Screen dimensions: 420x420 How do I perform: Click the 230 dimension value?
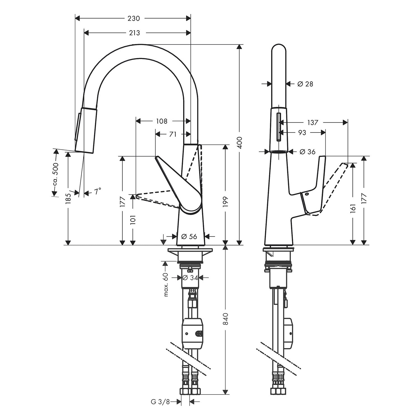pyautogui.click(x=134, y=18)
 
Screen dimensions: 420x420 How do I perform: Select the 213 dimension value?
pyautogui.click(x=134, y=33)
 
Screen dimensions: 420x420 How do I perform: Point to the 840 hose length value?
pyautogui.click(x=226, y=319)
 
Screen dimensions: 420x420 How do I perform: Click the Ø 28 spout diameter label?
pyautogui.click(x=305, y=84)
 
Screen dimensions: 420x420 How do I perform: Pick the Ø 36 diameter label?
pyautogui.click(x=307, y=152)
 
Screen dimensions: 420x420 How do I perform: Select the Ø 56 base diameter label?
pyautogui.click(x=189, y=237)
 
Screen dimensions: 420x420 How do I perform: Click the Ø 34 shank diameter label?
pyautogui.click(x=190, y=278)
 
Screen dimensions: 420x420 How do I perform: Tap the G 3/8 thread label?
pyautogui.click(x=160, y=402)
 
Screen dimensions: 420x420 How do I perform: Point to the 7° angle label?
pyautogui.click(x=97, y=192)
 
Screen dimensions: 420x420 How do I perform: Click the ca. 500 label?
pyautogui.click(x=55, y=174)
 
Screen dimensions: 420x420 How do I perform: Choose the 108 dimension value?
pyautogui.click(x=162, y=121)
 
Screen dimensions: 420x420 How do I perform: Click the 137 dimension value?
pyautogui.click(x=313, y=122)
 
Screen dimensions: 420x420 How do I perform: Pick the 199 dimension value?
pyautogui.click(x=226, y=202)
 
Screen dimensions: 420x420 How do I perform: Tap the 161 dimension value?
pyautogui.click(x=353, y=209)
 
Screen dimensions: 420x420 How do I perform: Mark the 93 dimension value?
pyautogui.click(x=302, y=132)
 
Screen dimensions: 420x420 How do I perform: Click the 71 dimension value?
pyautogui.click(x=173, y=134)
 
